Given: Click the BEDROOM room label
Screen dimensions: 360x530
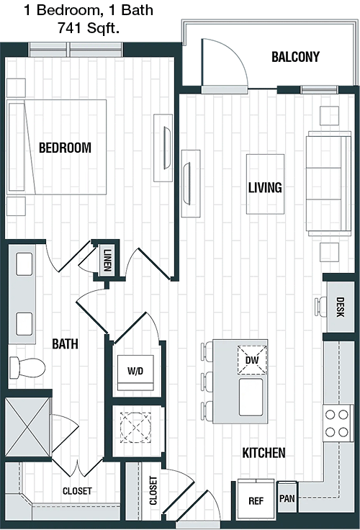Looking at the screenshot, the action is coord(65,148).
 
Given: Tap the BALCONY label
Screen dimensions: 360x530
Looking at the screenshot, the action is coord(295,57).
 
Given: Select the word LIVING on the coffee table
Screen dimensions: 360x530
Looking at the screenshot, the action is coord(265,188).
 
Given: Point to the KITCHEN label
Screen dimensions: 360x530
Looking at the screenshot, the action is coord(264,453).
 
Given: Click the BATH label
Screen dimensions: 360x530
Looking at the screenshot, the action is coord(65,344).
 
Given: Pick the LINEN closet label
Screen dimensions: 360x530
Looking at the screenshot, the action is coord(107,260).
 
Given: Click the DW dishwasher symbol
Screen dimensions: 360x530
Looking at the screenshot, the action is coord(252,360).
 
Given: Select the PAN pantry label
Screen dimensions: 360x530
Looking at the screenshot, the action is coord(287,498).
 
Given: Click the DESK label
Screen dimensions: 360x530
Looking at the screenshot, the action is coord(340,307).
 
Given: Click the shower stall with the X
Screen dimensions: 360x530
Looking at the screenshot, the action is coord(27,427).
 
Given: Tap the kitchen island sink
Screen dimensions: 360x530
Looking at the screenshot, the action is coord(251,397).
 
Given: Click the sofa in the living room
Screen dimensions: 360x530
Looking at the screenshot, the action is coord(328,184).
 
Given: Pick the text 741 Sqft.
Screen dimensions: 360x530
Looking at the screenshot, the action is coord(89,28).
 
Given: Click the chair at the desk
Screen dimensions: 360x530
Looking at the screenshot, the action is coord(321,307).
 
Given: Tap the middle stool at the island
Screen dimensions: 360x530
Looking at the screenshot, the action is coord(207,382).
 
